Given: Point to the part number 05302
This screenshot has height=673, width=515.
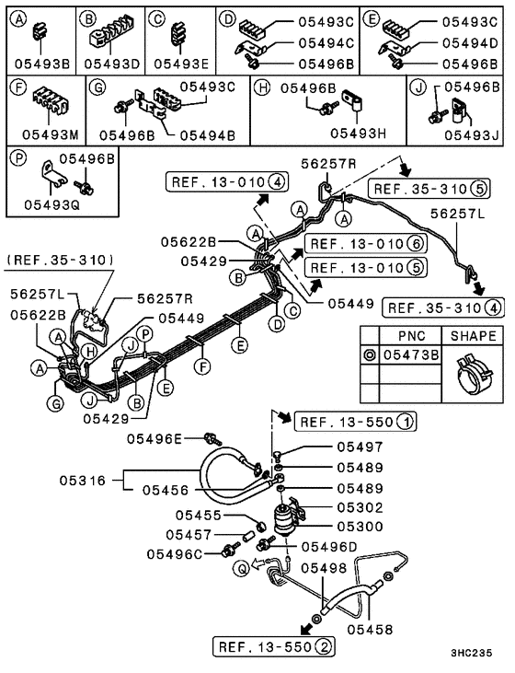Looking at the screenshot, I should [358, 506].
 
